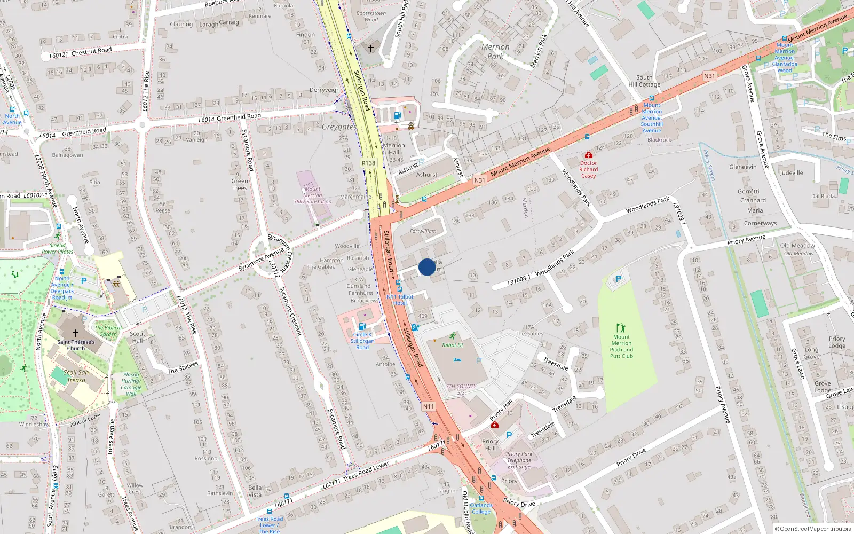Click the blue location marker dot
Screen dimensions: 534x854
[427, 267]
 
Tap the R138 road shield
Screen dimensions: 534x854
[368, 163]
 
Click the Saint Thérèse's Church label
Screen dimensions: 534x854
[76, 345]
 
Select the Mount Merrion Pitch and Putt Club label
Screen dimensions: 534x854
[621, 346]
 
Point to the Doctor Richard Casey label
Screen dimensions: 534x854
[588, 169]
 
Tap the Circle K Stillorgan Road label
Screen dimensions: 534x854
[362, 341]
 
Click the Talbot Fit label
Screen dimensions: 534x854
[453, 345]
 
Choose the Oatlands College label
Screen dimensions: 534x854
[481, 508]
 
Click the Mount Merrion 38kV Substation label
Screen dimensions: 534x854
[313, 195]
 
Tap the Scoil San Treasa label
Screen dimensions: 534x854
[76, 376]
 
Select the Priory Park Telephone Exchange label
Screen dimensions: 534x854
[519, 460]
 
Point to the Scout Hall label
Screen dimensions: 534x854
[137, 337]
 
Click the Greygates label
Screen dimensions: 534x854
[339, 127]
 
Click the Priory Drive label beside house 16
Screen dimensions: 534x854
[631, 457]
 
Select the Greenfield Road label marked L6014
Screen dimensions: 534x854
[230, 117]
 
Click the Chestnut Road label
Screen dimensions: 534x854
[91, 51]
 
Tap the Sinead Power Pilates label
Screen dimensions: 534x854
[57, 248]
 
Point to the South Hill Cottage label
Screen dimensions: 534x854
[644, 81]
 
